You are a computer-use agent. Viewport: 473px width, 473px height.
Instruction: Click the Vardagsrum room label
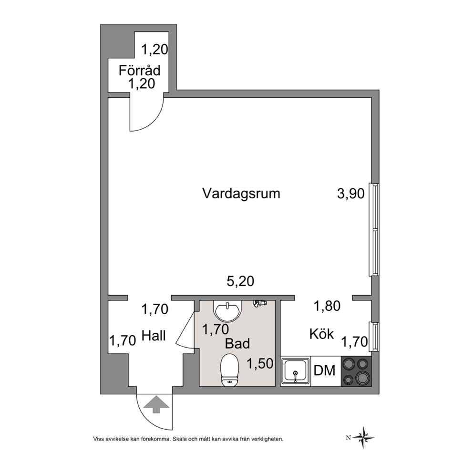[x=241, y=194]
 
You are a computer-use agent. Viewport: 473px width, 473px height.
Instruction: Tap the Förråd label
[x=139, y=70]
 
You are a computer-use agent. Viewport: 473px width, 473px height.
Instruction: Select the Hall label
[x=154, y=336]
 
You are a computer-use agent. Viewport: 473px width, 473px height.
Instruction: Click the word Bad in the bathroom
[x=237, y=344]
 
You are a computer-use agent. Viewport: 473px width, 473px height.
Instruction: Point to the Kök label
[x=321, y=334]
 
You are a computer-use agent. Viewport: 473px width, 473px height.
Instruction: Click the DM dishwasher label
[x=325, y=370]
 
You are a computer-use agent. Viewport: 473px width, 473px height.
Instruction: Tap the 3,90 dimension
[x=351, y=194]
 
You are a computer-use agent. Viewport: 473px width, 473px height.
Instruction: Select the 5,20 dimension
[x=240, y=281]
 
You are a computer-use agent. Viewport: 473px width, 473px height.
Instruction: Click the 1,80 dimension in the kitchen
[x=327, y=306]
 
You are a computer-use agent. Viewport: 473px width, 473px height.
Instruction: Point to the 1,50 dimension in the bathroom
[x=260, y=363]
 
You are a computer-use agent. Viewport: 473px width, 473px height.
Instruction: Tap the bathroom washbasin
[x=228, y=311]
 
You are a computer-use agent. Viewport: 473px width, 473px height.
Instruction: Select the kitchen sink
[x=295, y=371]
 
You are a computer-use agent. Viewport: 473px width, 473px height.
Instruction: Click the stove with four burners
[x=356, y=371]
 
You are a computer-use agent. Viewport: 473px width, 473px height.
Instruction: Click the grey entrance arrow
[x=156, y=404]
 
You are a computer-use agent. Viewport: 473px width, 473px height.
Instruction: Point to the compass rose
[x=364, y=438]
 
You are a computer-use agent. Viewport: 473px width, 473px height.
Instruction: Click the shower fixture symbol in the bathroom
[x=259, y=303]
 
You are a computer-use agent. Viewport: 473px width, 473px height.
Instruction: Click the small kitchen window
[x=375, y=336]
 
